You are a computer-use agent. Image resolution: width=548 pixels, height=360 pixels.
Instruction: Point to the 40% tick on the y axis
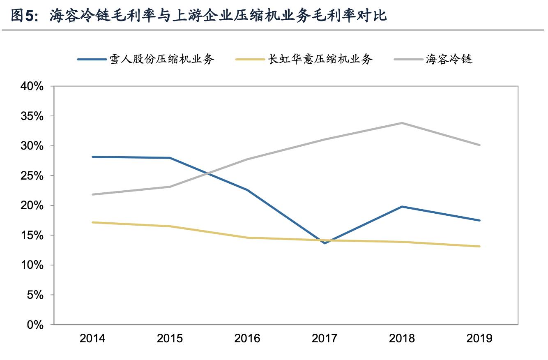coord(32,87)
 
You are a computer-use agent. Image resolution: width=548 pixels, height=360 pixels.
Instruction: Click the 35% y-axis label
coord(32,116)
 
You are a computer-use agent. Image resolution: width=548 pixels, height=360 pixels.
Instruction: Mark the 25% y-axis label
coord(32,176)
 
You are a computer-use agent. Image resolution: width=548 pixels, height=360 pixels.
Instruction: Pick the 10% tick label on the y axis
coord(32,265)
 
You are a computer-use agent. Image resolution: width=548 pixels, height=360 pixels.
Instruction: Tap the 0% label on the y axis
coord(35,325)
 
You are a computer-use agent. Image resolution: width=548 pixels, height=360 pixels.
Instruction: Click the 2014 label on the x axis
coord(92,338)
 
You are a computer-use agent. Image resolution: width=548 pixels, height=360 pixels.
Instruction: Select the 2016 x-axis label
coord(247,338)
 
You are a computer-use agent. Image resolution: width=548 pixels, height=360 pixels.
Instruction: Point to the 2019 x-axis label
coord(479,338)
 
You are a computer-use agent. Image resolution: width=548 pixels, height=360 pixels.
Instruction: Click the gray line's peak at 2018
coord(402,123)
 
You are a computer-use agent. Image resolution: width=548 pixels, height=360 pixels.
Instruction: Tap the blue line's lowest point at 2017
coord(325,243)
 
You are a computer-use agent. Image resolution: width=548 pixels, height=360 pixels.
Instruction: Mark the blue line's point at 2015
coord(170,158)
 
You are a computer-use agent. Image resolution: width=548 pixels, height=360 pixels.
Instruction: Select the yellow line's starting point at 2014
coord(92,222)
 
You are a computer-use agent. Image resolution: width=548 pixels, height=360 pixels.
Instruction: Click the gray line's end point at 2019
coord(479,145)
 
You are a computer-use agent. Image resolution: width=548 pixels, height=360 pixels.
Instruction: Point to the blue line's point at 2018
coord(402,207)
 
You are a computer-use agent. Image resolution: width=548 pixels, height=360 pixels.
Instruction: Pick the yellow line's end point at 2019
coord(479,247)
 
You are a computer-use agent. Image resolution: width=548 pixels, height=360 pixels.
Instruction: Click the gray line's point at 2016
coord(247,159)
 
